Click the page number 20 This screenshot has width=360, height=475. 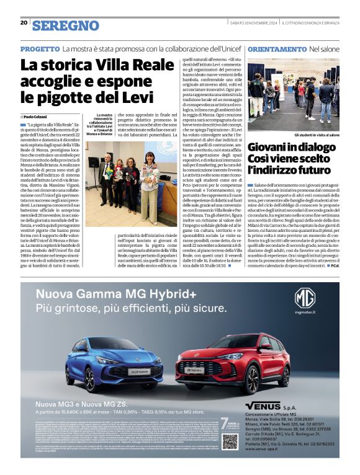point(24,22)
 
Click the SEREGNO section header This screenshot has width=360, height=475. point(66,25)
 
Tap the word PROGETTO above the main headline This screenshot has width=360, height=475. point(40,48)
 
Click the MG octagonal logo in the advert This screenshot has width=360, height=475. point(305,298)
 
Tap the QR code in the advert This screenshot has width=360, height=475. point(230,442)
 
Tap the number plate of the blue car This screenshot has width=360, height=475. point(138,371)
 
